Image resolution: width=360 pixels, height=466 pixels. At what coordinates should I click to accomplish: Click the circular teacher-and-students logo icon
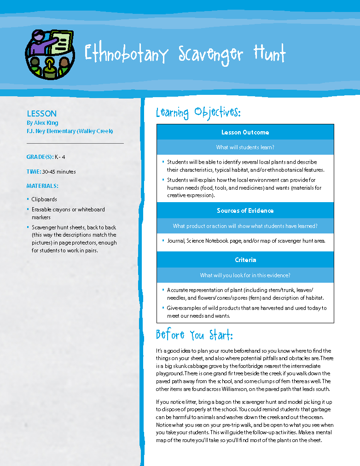pos(49,54)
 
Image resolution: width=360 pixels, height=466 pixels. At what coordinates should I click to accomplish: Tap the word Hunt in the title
pos(269,54)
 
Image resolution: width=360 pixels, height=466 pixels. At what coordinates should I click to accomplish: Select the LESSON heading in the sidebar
pos(41,113)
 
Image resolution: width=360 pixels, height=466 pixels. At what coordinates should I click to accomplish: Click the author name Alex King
pos(46,123)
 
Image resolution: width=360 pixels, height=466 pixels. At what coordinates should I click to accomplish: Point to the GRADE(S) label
pos(40,157)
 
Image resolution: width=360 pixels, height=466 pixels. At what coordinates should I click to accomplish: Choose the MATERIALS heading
pos(42,186)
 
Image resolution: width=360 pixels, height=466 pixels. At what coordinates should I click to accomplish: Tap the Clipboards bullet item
pos(44,199)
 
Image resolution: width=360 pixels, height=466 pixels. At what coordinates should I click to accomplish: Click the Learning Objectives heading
pos(198,112)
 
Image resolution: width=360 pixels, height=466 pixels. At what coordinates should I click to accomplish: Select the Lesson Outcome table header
pos(245,132)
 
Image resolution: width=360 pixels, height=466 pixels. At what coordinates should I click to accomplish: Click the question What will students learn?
pos(245,147)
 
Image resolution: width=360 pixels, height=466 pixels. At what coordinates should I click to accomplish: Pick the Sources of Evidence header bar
pos(245,210)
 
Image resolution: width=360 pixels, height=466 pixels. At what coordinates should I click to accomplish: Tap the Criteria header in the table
pos(245,260)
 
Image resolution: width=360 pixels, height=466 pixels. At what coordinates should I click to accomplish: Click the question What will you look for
pos(245,275)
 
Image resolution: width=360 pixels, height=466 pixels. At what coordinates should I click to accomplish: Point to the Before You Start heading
pos(194,335)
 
